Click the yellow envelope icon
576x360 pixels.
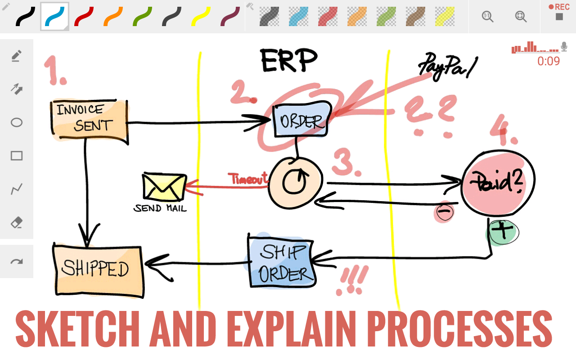coord(164,187)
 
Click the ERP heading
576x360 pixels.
coord(289,60)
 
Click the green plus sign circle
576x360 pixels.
coord(503,231)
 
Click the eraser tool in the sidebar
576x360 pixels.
coord(17,222)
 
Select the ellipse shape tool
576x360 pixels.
coord(17,122)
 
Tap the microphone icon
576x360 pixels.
coord(564,46)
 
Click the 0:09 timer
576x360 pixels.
coord(549,61)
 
